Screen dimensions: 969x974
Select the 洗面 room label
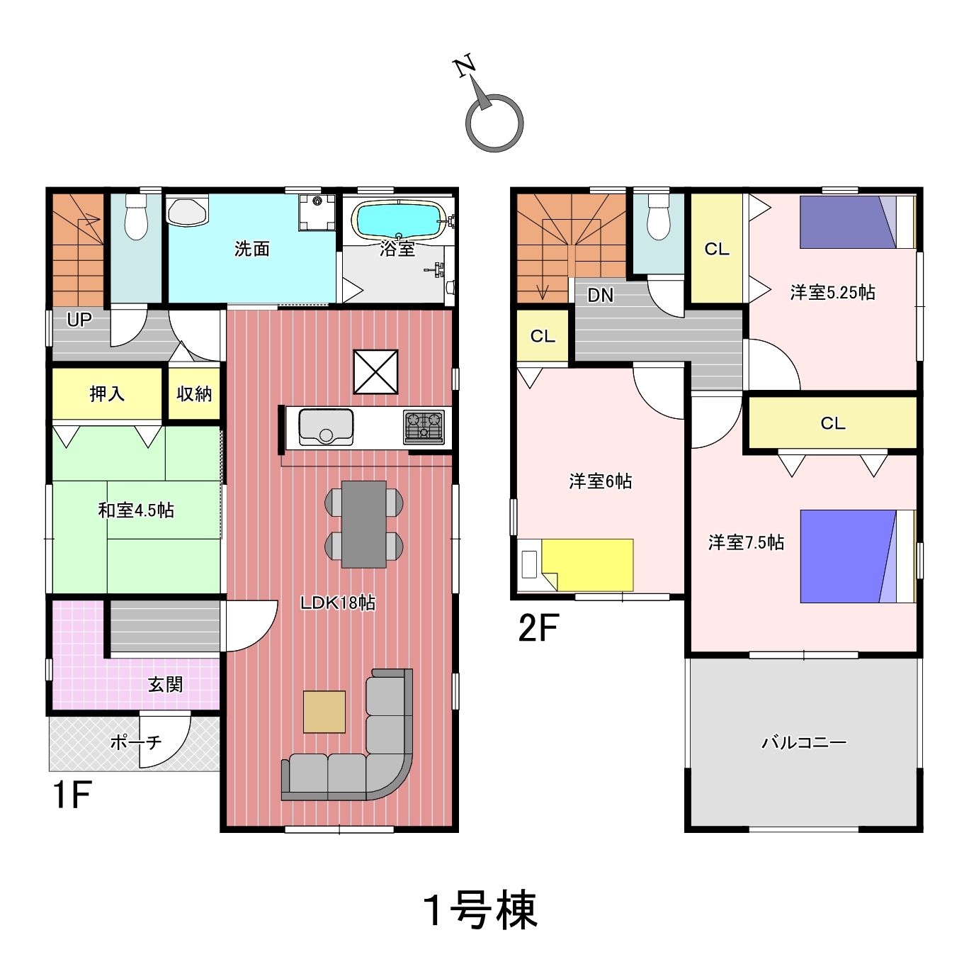251,249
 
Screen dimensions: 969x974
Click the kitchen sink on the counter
326,427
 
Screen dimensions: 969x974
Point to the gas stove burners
424,427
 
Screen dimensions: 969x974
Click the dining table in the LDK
364,524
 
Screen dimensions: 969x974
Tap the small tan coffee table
324,712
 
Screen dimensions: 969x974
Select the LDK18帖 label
337,603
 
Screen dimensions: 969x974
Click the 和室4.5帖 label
136,510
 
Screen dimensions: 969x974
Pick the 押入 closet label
107,393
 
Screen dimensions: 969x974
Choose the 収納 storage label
194,393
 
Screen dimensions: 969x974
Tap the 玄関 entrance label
165,685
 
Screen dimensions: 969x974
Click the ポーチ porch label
136,742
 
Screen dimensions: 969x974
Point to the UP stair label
79,320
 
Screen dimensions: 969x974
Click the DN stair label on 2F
600,295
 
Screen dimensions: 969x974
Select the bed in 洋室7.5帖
858,556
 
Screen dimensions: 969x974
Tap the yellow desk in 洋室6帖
587,564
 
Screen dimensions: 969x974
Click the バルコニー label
804,742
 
